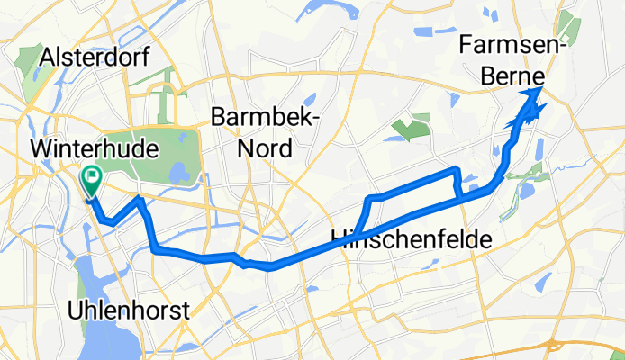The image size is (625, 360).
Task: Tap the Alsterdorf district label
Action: pyautogui.click(x=95, y=58)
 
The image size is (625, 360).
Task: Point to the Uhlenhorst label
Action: pyautogui.click(x=129, y=310)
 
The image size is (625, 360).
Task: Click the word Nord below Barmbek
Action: pyautogui.click(x=264, y=148)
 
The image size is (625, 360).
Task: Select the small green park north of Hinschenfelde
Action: pyautogui.click(x=409, y=131)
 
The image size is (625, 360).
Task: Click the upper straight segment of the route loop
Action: pyautogui.click(x=414, y=183)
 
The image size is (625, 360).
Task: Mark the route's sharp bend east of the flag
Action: pyautogui.click(x=139, y=200)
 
